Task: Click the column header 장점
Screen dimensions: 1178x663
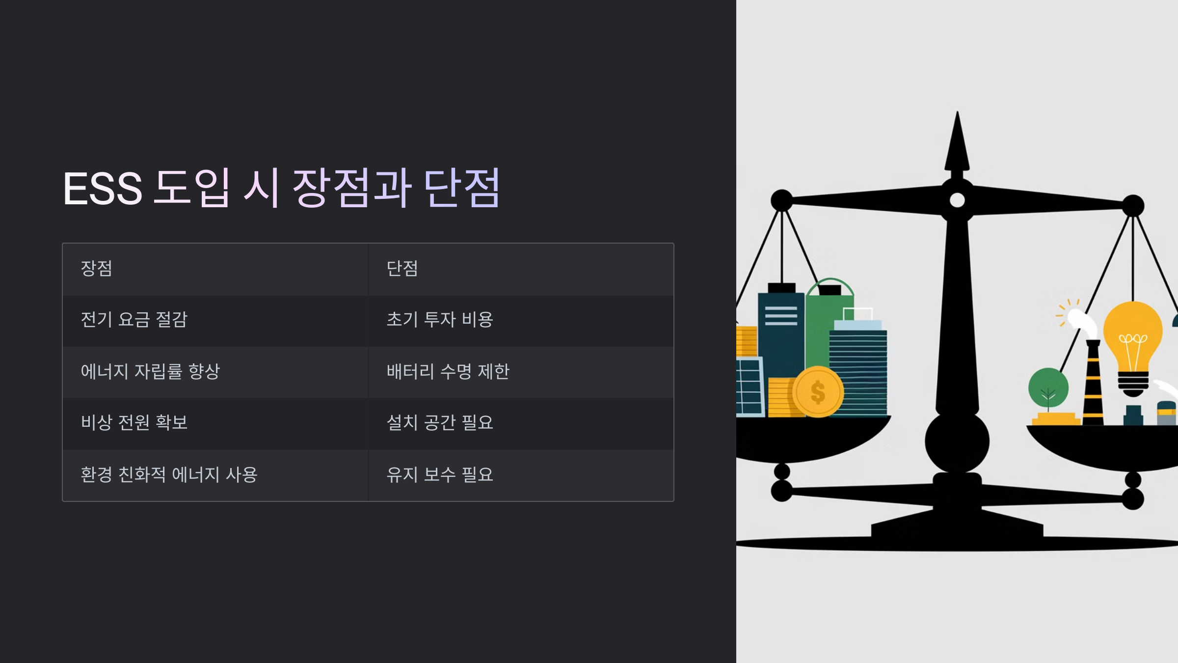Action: pyautogui.click(x=97, y=269)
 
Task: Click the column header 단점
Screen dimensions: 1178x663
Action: pyautogui.click(x=402, y=269)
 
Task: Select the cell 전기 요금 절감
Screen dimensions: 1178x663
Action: pyautogui.click(x=134, y=320)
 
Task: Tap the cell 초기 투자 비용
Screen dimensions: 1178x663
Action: pyautogui.click(x=440, y=320)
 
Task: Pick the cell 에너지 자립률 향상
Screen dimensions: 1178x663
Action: pyautogui.click(x=150, y=371)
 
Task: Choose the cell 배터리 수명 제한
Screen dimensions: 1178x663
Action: pyautogui.click(x=448, y=371)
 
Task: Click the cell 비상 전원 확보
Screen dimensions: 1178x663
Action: pyautogui.click(x=134, y=423)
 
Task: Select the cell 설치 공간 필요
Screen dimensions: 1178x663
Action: pyautogui.click(x=440, y=423)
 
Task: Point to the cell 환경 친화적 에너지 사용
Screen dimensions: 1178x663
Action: pyautogui.click(x=169, y=474)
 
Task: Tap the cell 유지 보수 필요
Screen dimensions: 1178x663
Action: pyautogui.click(x=440, y=474)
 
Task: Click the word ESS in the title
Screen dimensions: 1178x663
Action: pyautogui.click(x=103, y=189)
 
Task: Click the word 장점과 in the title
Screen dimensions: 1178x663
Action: pyautogui.click(x=351, y=189)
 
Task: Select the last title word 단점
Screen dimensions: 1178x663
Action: pyautogui.click(x=462, y=189)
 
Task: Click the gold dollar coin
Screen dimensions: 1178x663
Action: pyautogui.click(x=818, y=392)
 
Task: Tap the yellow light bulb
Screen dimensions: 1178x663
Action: pyautogui.click(x=1132, y=339)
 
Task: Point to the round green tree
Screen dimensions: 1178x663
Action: pyautogui.click(x=1048, y=388)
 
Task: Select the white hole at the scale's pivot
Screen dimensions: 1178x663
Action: pyautogui.click(x=957, y=200)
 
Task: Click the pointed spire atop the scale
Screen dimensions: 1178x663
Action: pyautogui.click(x=957, y=142)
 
